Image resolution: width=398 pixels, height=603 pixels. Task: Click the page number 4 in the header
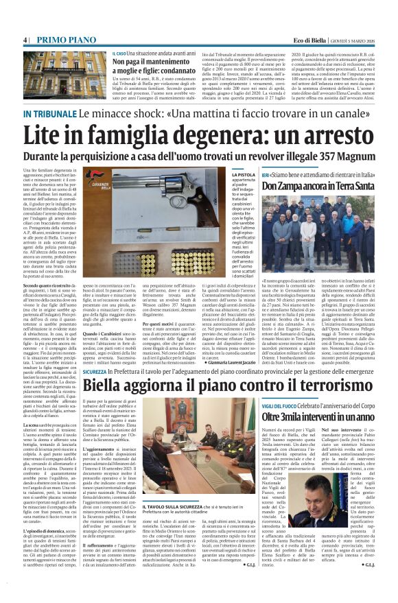coord(25,40)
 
